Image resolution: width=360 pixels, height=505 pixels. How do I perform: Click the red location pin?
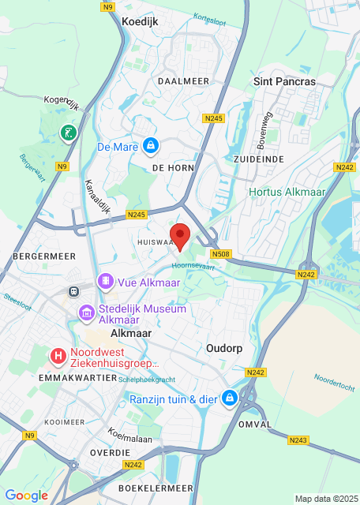(x=181, y=236)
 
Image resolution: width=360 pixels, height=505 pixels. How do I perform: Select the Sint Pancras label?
(x=284, y=81)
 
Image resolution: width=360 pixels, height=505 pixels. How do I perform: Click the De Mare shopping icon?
(x=150, y=146)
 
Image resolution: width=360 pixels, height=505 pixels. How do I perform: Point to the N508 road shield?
(x=221, y=254)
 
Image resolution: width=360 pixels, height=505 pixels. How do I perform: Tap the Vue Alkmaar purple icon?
(x=105, y=282)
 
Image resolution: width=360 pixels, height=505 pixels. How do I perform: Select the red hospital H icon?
(x=58, y=357)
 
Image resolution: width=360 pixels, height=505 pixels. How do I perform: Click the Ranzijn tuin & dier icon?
(x=230, y=398)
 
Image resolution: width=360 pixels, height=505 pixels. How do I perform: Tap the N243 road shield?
(x=298, y=440)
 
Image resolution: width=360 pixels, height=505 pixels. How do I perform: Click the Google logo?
(x=26, y=495)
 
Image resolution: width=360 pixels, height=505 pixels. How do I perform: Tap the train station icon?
(x=73, y=290)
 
